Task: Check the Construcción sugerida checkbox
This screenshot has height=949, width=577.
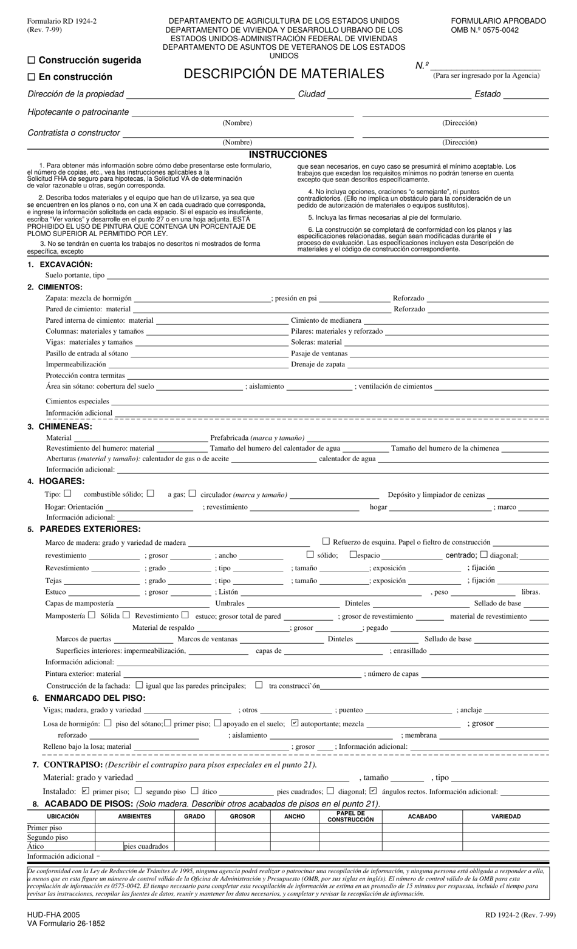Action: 32,60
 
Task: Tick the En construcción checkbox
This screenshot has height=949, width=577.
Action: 32,77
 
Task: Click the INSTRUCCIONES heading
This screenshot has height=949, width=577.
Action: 288,155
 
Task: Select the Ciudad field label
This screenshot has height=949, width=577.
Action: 312,94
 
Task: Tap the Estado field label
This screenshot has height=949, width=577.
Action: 488,94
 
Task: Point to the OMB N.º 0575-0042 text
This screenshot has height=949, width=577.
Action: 485,30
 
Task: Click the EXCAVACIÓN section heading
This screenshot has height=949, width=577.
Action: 66,265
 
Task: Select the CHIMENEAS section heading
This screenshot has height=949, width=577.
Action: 65,427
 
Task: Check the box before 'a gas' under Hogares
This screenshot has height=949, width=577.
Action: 151,494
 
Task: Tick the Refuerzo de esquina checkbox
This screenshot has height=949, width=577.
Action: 326,541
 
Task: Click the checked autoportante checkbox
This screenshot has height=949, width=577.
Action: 295,723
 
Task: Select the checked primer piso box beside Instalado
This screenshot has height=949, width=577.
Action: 85,791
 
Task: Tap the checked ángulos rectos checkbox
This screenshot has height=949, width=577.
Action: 373,791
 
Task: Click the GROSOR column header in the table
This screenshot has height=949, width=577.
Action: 242,817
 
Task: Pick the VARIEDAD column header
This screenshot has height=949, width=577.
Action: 506,817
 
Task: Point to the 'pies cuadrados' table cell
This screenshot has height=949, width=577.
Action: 146,846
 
